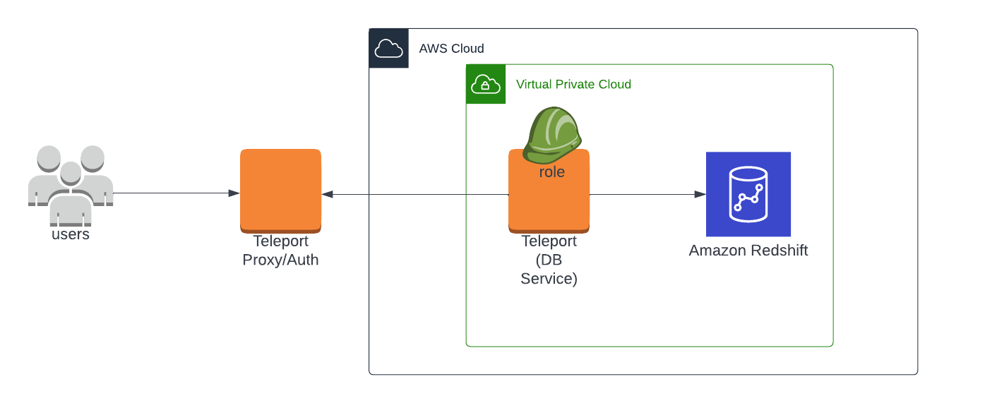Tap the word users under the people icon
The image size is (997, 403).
(71, 234)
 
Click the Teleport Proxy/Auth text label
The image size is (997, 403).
(280, 251)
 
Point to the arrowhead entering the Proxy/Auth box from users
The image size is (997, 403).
(234, 193)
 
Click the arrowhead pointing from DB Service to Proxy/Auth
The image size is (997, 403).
(328, 194)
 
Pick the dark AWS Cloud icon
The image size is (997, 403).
(388, 48)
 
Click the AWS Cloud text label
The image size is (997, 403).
(451, 49)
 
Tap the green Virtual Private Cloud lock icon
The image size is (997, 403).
(486, 84)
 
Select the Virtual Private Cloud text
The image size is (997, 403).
(573, 85)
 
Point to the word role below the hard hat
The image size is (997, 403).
(552, 172)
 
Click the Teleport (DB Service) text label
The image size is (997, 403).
(549, 260)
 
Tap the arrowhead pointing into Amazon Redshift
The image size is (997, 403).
(700, 194)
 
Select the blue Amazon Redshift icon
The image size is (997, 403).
(748, 194)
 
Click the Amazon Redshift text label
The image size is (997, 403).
(748, 251)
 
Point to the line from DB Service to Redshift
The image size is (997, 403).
(643, 194)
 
